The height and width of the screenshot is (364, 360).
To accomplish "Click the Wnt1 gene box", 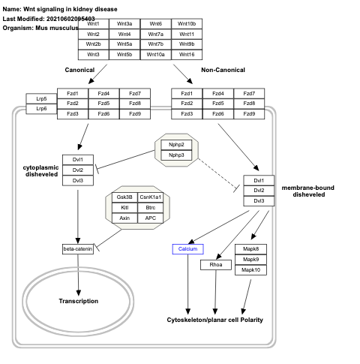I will tap(93, 24).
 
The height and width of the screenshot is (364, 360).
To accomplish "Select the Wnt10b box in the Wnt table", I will tap(187, 24).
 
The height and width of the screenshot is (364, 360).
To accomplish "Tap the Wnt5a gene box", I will tap(124, 44).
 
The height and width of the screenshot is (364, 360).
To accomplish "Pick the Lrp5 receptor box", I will tap(41, 98).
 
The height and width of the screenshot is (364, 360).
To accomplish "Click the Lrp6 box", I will tap(41, 109).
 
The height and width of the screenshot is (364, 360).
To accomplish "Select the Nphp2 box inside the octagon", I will tap(176, 144).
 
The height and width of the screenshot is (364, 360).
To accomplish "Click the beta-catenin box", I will tap(78, 248).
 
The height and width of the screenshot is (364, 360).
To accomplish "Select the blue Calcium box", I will tap(187, 248).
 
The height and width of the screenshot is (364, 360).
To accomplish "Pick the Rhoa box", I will tap(215, 264).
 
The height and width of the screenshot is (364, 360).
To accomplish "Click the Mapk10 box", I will tap(250, 269).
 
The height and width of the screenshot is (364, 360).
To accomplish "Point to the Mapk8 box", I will tap(250, 248).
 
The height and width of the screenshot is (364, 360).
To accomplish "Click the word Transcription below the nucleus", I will tap(79, 301).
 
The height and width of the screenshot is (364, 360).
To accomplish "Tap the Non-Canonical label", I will tap(222, 70).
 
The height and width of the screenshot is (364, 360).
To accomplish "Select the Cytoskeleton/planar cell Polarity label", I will tap(214, 320).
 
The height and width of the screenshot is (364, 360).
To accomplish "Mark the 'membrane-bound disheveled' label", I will tap(308, 190).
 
